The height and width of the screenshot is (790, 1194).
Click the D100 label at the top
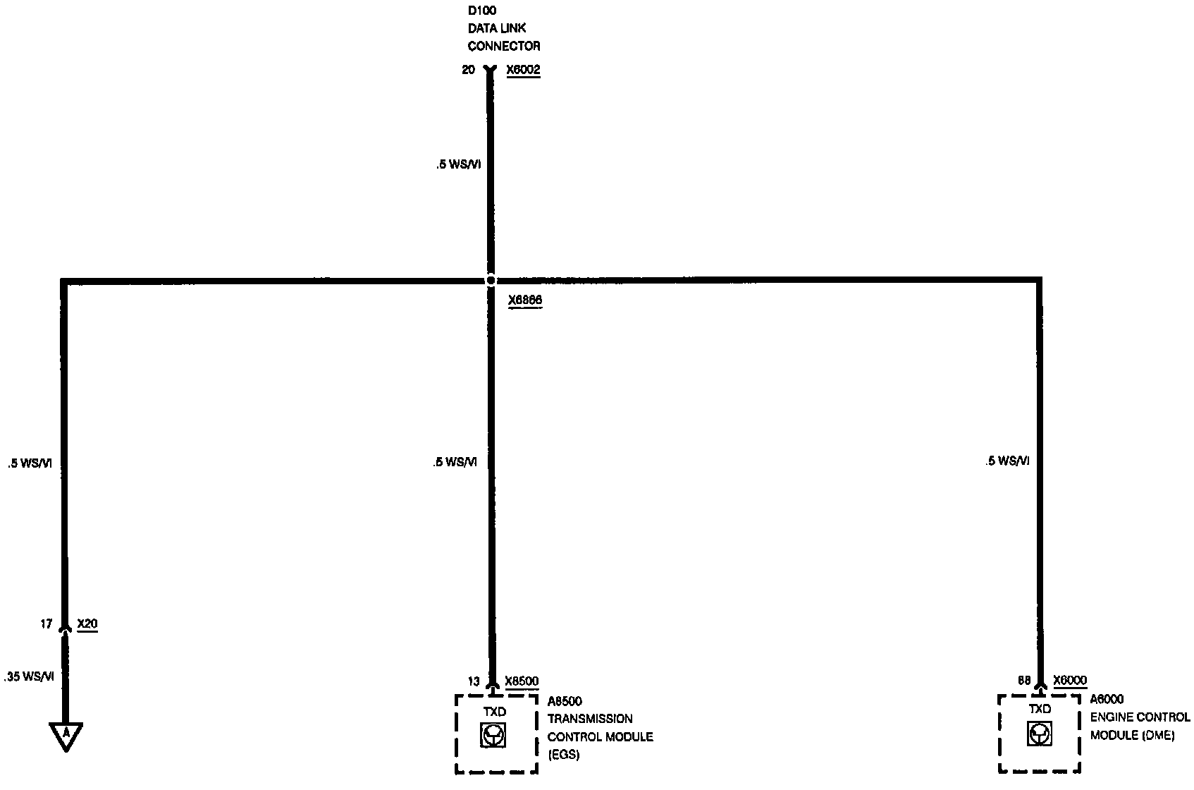pos(482,11)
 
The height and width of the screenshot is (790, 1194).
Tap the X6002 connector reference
pos(523,70)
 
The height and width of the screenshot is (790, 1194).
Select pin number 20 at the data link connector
pos(468,70)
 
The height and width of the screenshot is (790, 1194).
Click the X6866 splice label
pos(525,300)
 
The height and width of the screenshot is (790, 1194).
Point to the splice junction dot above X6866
pos(491,280)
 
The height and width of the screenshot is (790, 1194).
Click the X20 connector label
pos(87,624)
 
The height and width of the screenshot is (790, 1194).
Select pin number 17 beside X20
pos(46,624)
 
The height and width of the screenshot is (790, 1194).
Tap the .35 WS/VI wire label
pos(29,676)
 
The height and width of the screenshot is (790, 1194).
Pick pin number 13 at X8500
pos(473,681)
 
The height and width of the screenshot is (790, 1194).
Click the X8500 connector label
pos(522,681)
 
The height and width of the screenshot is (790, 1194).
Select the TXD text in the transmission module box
pos(494,712)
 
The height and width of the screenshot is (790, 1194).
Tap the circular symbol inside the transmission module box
pos(493,736)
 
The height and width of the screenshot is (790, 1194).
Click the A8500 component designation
pos(565,701)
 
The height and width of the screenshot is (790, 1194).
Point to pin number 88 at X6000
pos(1024,681)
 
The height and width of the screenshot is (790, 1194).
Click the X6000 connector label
pos(1070,681)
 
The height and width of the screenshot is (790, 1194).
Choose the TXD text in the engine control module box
pos(1040,709)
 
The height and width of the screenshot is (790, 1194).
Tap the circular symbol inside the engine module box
pos(1039,734)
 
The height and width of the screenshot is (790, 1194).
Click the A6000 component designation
pos(1107,700)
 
